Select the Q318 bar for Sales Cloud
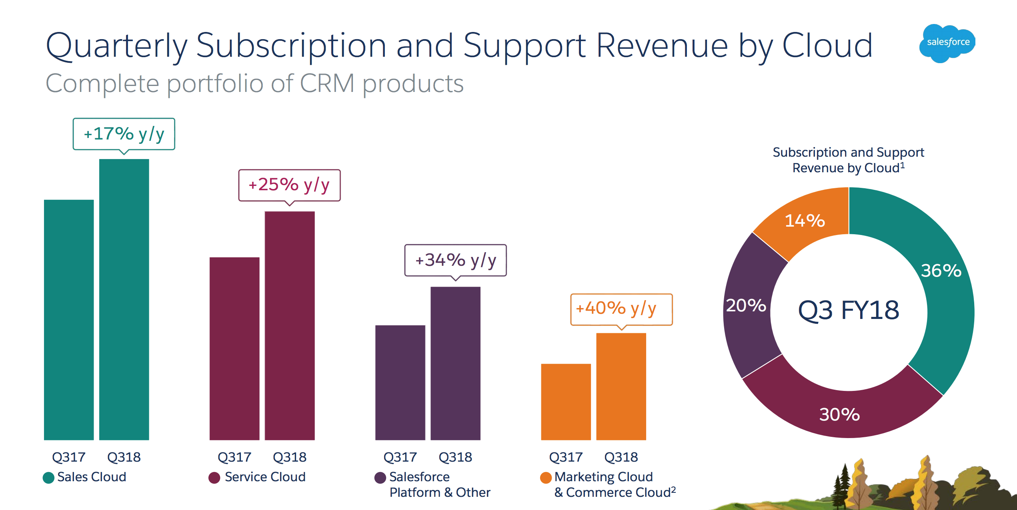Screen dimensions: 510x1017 pos(124,300)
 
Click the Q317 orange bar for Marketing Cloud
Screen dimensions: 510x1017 pos(566,402)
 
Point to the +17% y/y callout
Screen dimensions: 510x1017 pos(124,134)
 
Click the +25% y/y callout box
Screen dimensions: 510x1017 pos(289,185)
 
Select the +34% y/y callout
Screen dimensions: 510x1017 pos(455,260)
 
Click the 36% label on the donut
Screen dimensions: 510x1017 pos(941,271)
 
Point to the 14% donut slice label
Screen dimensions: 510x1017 pos(805,221)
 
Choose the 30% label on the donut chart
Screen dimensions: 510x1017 pos(839,414)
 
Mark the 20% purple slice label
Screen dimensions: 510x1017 pos(746,305)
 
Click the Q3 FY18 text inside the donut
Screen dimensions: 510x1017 pos(849,310)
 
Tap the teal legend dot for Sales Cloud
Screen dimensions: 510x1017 pos(48,478)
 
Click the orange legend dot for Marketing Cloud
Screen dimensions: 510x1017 pos(546,478)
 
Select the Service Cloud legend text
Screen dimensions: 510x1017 pos(265,477)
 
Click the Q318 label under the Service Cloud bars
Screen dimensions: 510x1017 pos(289,457)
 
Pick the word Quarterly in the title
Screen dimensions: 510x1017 pos(116,46)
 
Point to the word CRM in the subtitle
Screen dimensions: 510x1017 pos(327,84)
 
